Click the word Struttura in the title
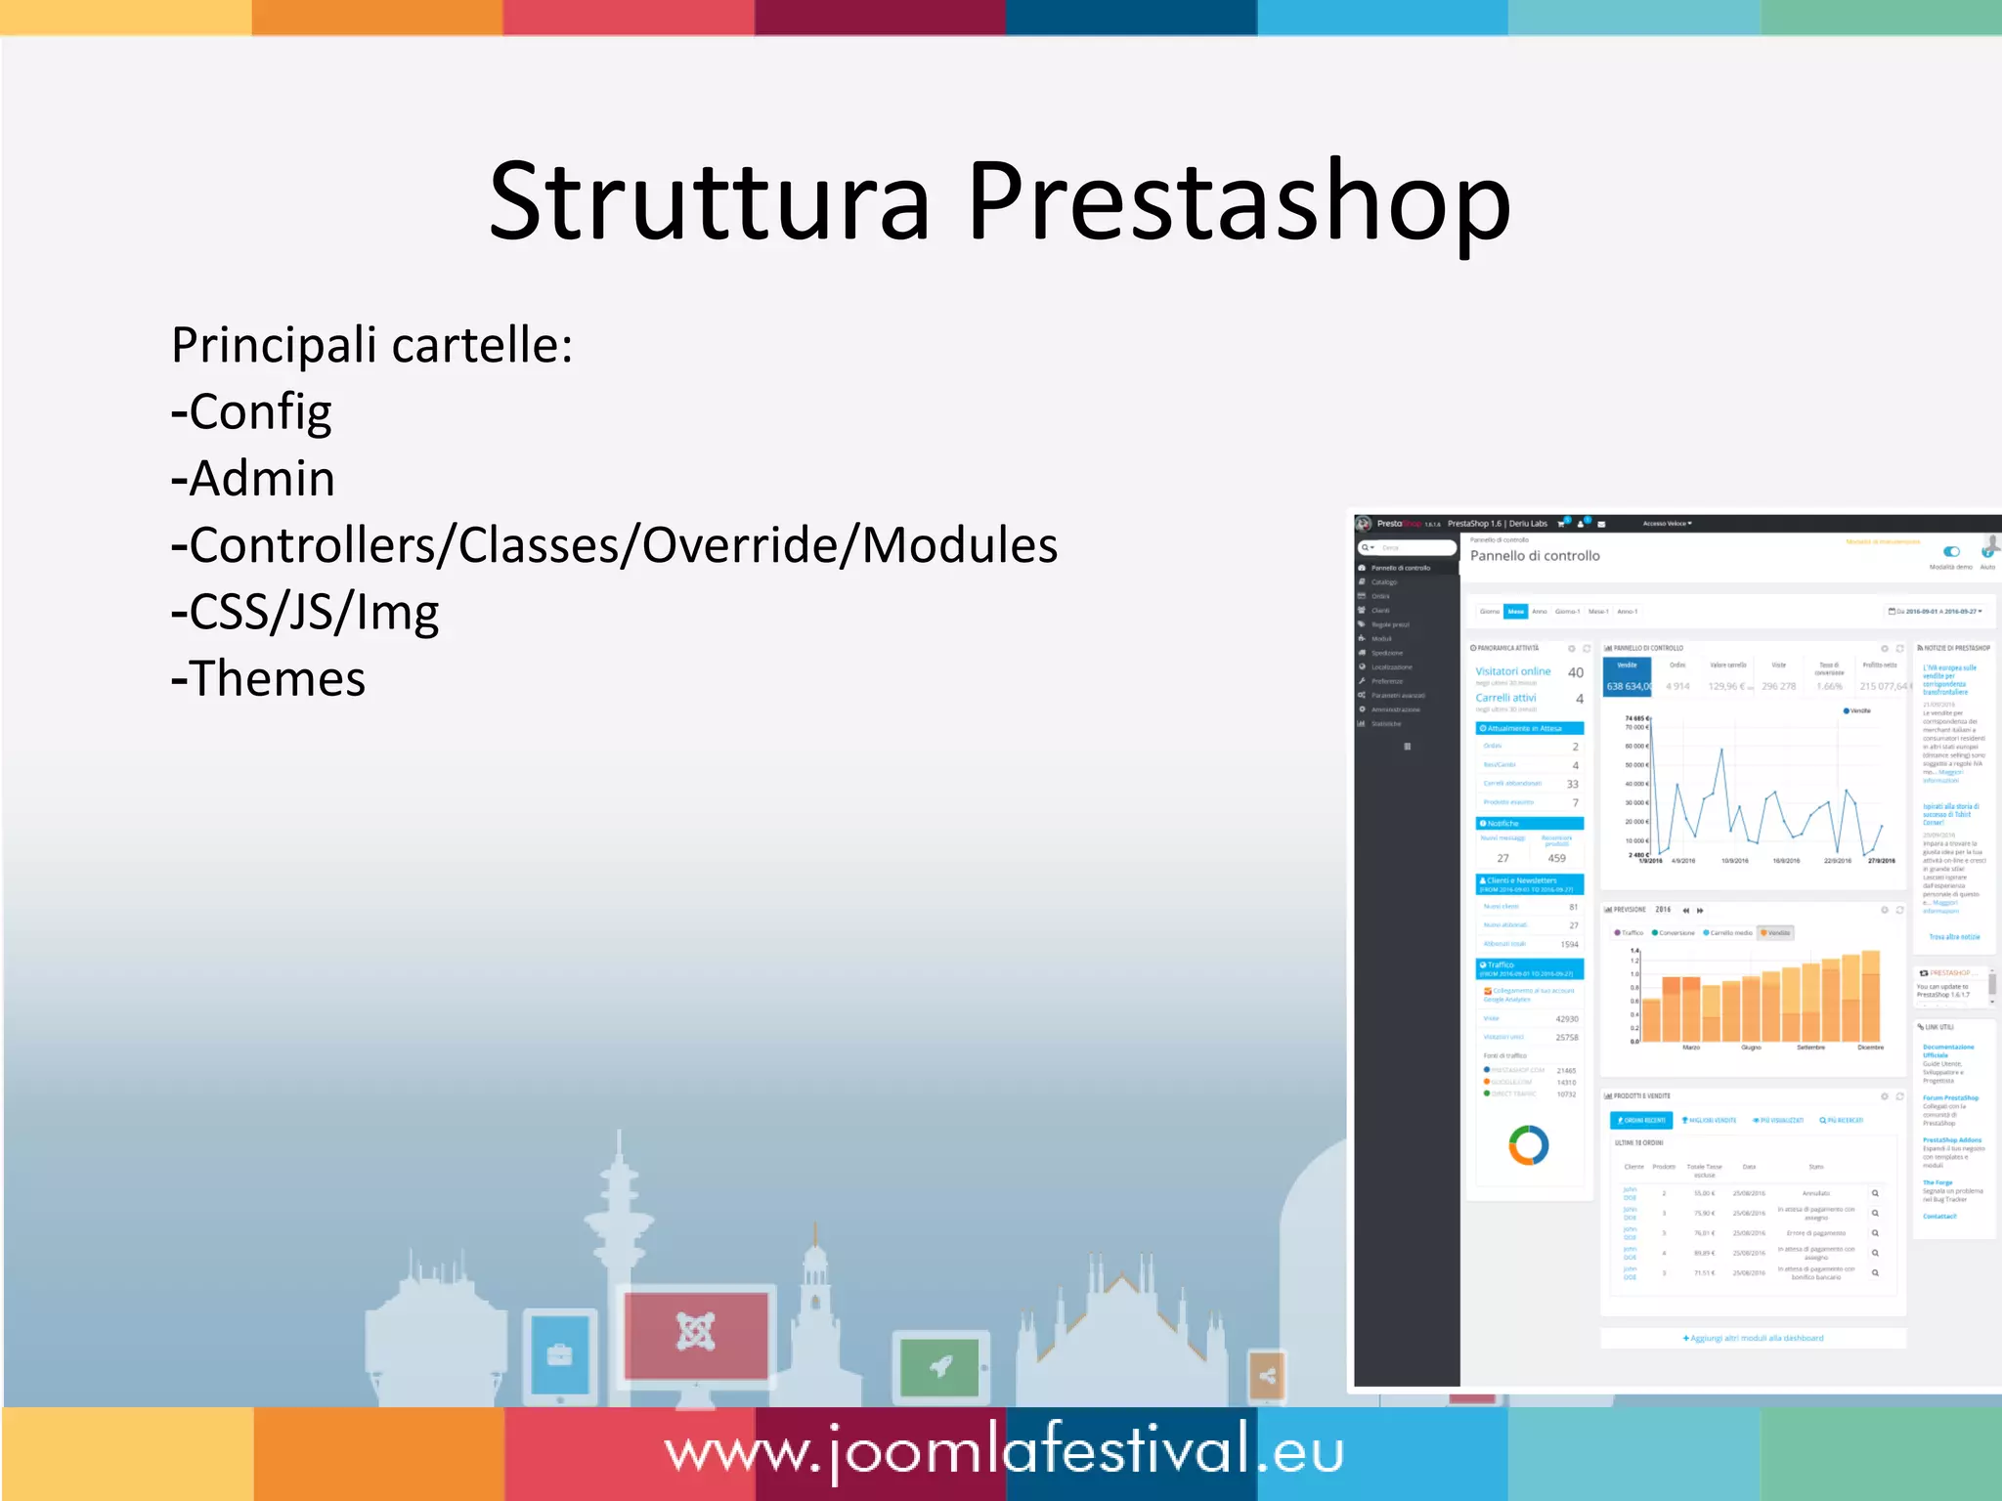709,202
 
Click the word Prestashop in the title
1239,202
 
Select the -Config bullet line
251,412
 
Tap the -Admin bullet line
253,479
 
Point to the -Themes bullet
268,678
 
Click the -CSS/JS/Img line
305,613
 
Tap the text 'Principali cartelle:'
371,345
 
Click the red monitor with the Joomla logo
696,1334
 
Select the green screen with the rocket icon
939,1366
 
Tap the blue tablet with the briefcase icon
560,1355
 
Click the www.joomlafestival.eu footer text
1004,1452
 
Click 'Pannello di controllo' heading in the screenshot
1535,556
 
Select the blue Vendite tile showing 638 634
1627,677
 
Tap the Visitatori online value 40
1575,672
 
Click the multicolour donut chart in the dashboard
1528,1145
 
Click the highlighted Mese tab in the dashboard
1515,612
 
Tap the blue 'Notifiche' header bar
1529,824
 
